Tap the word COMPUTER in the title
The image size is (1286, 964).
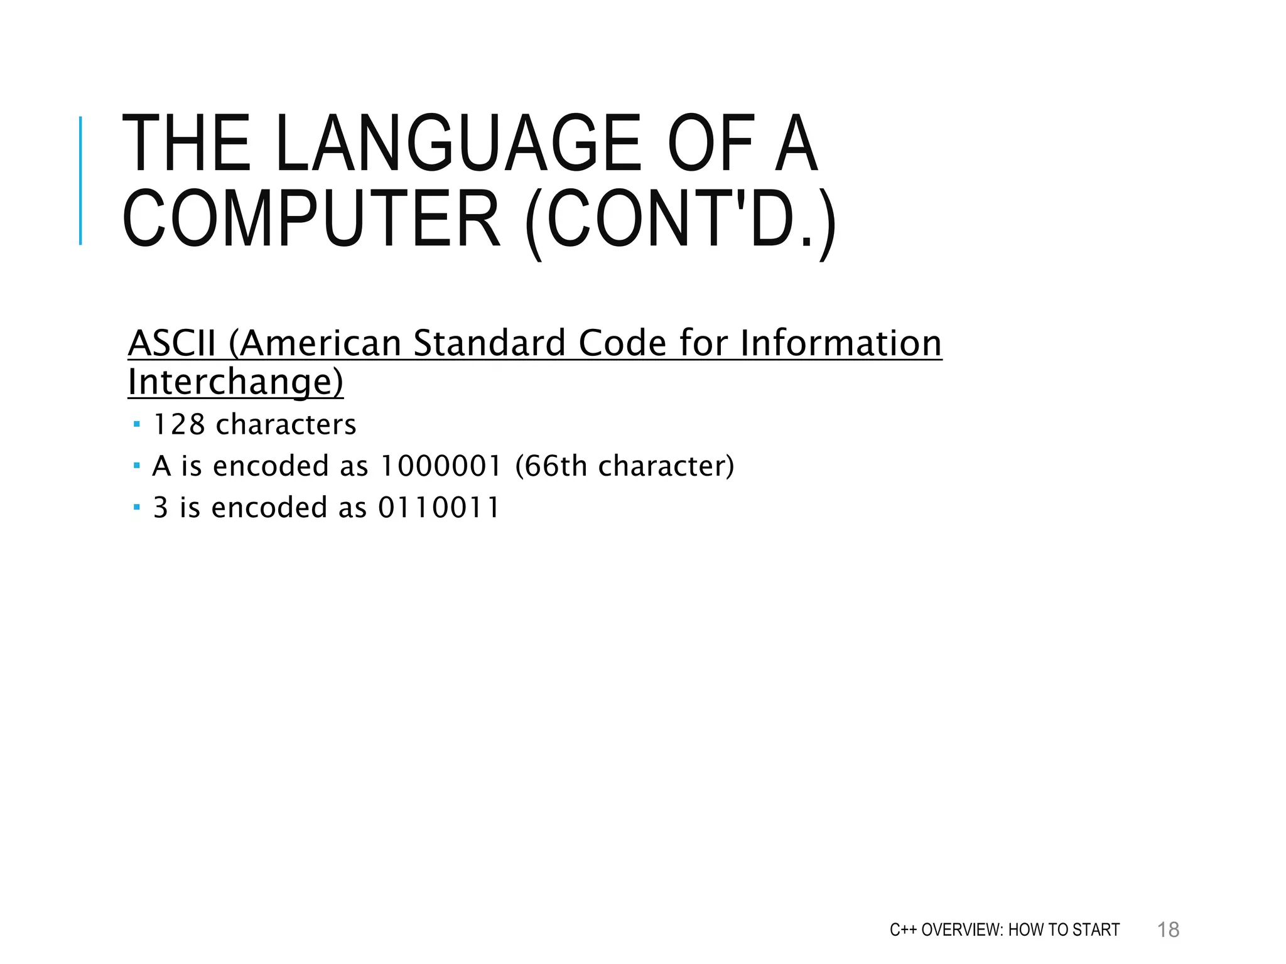pos(311,219)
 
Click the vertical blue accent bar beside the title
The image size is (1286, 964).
pos(80,181)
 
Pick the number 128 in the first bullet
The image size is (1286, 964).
pos(179,425)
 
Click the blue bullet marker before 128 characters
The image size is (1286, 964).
pos(137,425)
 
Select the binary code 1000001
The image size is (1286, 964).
pos(441,466)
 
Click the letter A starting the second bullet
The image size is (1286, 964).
pos(161,466)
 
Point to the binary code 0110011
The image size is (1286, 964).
pos(438,508)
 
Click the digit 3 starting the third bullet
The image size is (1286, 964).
pos(161,508)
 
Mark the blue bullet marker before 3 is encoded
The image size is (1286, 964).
pos(137,507)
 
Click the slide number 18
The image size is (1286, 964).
pos(1168,929)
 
